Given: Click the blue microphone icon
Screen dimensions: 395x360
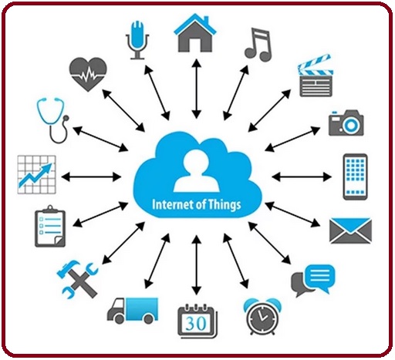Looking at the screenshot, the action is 137,40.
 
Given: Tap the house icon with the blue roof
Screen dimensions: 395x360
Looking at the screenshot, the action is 195,33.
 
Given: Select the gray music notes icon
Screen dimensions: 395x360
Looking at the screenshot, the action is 258,45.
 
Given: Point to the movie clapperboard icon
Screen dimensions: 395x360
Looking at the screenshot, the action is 316,76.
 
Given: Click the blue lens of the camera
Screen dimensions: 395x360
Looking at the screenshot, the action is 351,125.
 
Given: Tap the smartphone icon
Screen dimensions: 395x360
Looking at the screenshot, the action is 355,177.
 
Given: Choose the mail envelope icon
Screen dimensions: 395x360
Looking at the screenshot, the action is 350,230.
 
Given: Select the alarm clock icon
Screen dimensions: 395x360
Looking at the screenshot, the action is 262,317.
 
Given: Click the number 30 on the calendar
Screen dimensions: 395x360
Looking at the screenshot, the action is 196,323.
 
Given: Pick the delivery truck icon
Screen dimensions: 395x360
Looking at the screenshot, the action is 133,311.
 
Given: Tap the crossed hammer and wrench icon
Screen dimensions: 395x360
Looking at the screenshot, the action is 77,280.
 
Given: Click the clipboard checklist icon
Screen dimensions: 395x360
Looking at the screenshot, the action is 50,226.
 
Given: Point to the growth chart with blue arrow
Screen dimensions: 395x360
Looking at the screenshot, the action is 36,174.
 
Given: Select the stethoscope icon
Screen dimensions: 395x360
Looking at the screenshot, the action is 53,119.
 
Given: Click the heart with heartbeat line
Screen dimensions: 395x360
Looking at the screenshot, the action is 88,74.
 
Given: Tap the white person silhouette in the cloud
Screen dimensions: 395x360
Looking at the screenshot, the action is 196,170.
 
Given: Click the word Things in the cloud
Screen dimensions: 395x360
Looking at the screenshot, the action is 225,204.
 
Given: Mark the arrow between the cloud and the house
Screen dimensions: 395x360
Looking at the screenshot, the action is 197,89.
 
